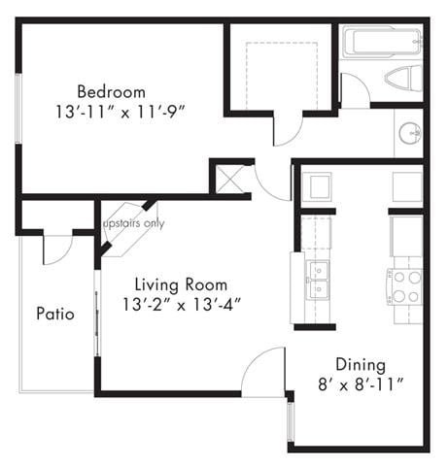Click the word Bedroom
coord(119,92)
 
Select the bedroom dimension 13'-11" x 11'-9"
coord(119,112)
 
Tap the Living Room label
coord(181,284)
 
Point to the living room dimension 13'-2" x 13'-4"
coord(181,304)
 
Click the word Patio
coord(55,314)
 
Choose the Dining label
coord(361,365)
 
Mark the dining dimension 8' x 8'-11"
coord(361,384)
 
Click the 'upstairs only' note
coord(133,224)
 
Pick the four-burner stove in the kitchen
coord(405,285)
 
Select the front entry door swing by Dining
coord(264,374)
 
